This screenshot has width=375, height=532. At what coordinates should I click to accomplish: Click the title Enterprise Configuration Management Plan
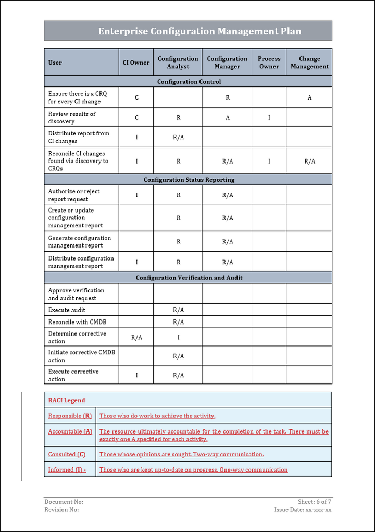pyautogui.click(x=199, y=31)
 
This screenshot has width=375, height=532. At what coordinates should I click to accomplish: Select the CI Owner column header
pyautogui.click(x=136, y=63)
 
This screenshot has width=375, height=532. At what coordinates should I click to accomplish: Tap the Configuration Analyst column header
pyautogui.click(x=178, y=63)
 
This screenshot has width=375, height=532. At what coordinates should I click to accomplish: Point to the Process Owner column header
pyautogui.click(x=269, y=63)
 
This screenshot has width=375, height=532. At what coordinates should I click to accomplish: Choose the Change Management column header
pyautogui.click(x=309, y=63)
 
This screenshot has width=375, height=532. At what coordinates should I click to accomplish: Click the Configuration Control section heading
pyautogui.click(x=189, y=82)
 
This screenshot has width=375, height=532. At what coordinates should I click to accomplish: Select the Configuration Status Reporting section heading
pyautogui.click(x=189, y=180)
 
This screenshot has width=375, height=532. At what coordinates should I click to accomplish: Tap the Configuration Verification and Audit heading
pyautogui.click(x=189, y=278)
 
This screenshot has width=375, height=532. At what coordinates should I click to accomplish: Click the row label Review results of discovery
pyautogui.click(x=72, y=117)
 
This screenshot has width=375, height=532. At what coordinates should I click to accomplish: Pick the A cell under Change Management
pyautogui.click(x=309, y=97)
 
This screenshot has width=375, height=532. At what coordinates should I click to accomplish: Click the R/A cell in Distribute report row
pyautogui.click(x=178, y=137)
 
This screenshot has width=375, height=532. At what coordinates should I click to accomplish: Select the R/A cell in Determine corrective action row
pyautogui.click(x=136, y=337)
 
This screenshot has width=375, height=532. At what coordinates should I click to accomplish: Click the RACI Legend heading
pyautogui.click(x=67, y=400)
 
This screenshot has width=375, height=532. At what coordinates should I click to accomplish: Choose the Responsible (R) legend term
pyautogui.click(x=70, y=416)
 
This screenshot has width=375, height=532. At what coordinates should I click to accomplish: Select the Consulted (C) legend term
pyautogui.click(x=67, y=454)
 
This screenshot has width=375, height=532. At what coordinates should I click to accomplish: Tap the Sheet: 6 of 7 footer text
pyautogui.click(x=315, y=502)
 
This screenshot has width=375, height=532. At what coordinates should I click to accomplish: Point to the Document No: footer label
pyautogui.click(x=64, y=502)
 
